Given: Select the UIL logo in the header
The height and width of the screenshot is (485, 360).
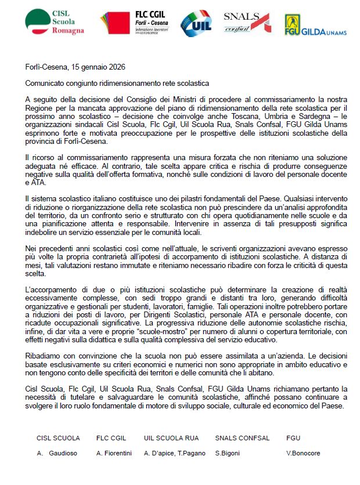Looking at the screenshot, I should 195,22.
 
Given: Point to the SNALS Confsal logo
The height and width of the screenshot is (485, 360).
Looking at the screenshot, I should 246,22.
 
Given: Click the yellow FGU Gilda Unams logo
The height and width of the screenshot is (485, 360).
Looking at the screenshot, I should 315,24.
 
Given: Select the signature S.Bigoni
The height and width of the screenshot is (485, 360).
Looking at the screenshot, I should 228,453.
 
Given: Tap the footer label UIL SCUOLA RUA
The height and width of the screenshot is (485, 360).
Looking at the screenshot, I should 171,438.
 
